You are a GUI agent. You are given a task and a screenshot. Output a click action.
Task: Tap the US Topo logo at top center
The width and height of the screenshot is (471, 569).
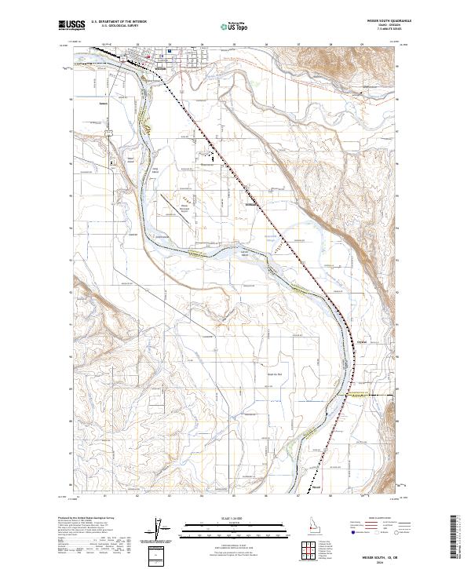click(227, 27)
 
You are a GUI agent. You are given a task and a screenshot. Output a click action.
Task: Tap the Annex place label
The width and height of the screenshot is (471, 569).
click(102, 100)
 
